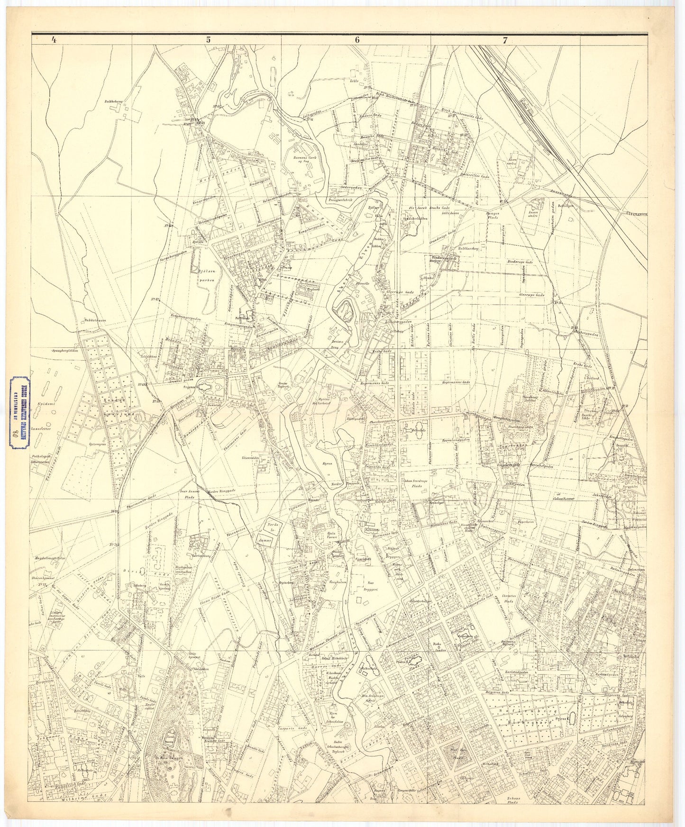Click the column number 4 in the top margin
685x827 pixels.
tap(55, 41)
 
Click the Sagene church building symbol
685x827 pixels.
tap(203, 387)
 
